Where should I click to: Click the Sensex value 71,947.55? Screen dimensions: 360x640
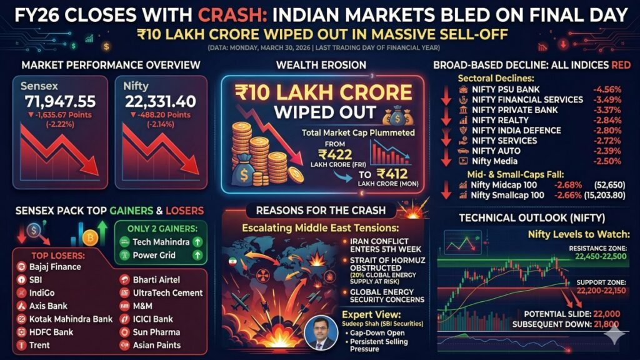60,101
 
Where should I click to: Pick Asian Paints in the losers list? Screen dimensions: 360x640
156,345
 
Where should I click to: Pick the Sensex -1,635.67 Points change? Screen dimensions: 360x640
60,115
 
